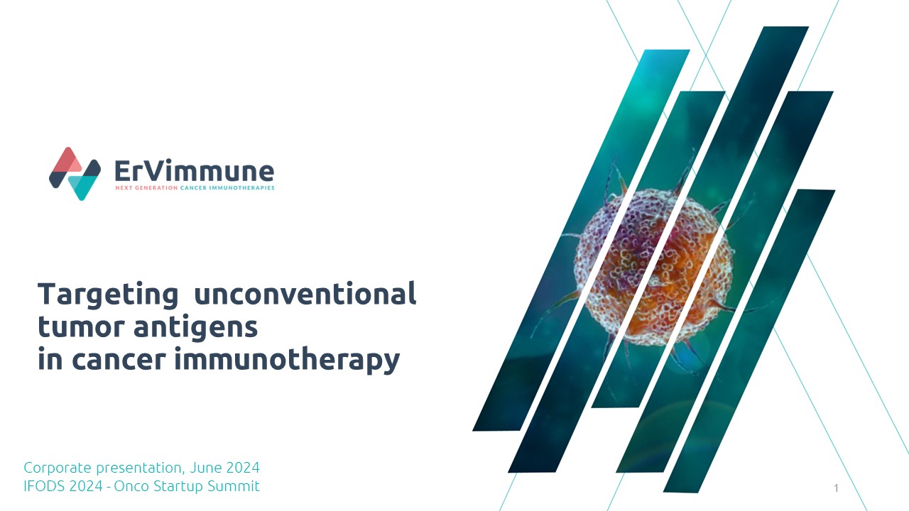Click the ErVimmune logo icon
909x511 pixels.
[x=75, y=174]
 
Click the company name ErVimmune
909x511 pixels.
[x=195, y=171]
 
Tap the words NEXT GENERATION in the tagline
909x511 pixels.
[x=146, y=188]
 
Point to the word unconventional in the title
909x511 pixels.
[x=305, y=293]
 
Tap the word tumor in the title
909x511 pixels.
[x=81, y=326]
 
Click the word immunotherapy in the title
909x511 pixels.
[x=288, y=360]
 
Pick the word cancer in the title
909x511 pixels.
[x=119, y=360]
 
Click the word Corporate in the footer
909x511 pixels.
[x=58, y=468]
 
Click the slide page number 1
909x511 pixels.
[x=836, y=488]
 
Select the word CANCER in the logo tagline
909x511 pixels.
[x=193, y=188]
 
